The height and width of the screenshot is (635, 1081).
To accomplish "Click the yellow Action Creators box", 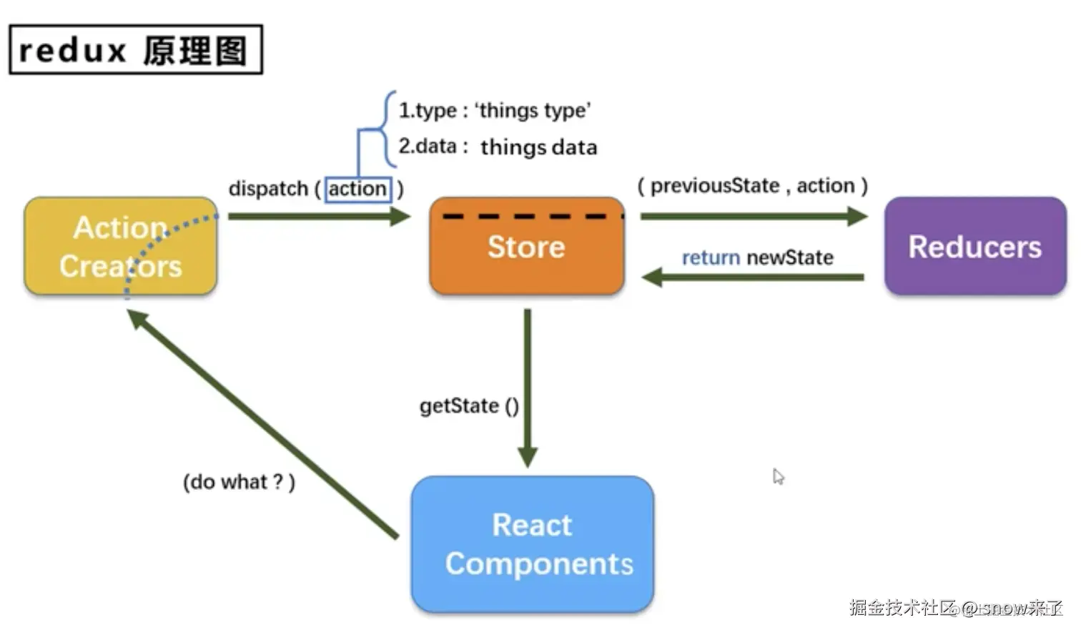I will pos(120,247).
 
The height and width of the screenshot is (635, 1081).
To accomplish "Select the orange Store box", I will pos(527,247).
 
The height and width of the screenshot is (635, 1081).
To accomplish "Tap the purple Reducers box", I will pos(975,247).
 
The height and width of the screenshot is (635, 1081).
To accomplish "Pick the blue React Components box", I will pos(533,544).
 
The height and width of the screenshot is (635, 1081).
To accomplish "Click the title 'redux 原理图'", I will pos(136,50).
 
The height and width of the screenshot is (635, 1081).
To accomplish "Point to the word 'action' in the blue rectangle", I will pos(357,189).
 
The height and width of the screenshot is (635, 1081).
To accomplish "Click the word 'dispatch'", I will pos(268,189).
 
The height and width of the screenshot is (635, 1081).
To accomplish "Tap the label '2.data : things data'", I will pos(498,147).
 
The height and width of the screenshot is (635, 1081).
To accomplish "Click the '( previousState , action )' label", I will pos(752,186).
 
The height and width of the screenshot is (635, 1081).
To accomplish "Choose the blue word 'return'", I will pos(711,257).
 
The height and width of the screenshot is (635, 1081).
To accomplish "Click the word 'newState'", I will pos(790,257).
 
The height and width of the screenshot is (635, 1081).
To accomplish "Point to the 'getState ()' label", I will pos(469,406).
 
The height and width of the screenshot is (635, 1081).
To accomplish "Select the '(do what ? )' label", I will pos(239,482).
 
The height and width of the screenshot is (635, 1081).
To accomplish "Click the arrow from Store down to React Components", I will pos(528,386).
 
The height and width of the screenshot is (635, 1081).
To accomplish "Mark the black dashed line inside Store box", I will pos(533,216).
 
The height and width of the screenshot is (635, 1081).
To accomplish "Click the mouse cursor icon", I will pos(779,476).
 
